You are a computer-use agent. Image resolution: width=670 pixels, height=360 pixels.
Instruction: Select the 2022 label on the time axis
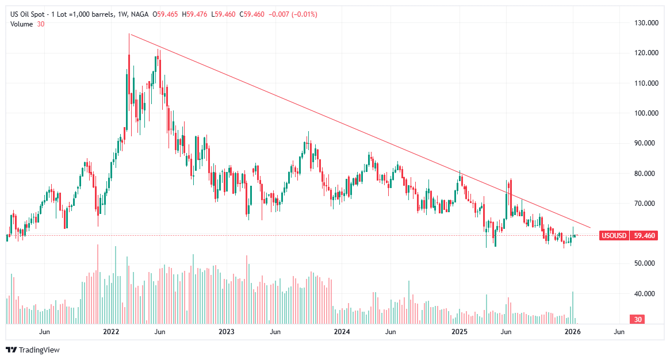[x=110, y=332]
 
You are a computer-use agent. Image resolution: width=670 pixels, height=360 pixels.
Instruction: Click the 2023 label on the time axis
[x=227, y=332]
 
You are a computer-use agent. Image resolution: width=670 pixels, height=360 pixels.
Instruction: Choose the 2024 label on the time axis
[x=342, y=332]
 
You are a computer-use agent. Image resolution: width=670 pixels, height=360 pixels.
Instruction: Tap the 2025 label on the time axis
[x=459, y=332]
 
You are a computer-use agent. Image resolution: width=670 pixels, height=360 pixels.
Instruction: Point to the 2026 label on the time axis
[x=572, y=332]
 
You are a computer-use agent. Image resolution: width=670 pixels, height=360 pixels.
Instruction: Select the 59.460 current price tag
[x=642, y=235]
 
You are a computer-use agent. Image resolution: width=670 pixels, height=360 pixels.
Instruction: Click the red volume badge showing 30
[x=637, y=319]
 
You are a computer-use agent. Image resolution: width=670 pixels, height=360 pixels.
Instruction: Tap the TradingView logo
[x=32, y=350]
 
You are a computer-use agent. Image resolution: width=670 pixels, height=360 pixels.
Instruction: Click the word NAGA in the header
[x=140, y=14]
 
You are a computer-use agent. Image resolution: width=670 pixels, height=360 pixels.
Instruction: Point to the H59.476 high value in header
[x=193, y=14]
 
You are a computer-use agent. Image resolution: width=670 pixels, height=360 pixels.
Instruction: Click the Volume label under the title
[x=22, y=24]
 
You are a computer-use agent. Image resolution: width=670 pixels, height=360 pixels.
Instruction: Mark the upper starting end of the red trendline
[x=129, y=34]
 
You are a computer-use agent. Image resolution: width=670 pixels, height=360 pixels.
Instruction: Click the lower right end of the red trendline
[x=590, y=227]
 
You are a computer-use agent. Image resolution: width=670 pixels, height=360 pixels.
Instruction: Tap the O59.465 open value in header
[x=166, y=14]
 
